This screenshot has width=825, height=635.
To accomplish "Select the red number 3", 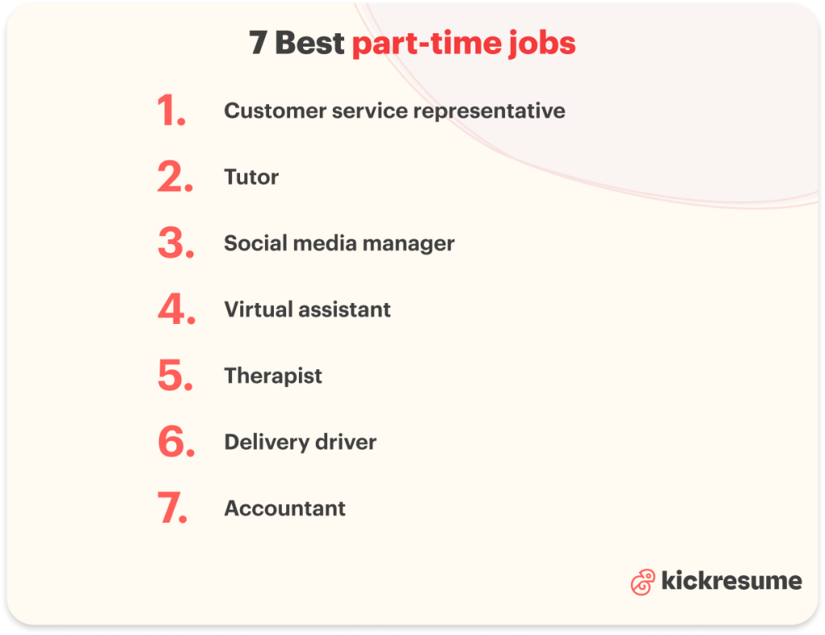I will coord(173,243).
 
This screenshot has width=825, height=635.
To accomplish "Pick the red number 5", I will coord(173,376).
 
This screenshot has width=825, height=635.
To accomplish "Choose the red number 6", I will coord(174,442).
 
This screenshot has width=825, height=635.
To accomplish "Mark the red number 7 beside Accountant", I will coord(171,508).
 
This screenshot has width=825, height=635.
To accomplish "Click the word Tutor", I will coord(251,177).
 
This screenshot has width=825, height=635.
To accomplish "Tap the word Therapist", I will coord(273,376).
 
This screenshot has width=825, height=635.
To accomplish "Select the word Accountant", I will coord(285,508).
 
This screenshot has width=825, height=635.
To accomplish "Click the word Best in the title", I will coord(309,44).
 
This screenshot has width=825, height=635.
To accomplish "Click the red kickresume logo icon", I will coord(642,582).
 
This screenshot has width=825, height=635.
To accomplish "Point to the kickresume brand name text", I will coord(731,581).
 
